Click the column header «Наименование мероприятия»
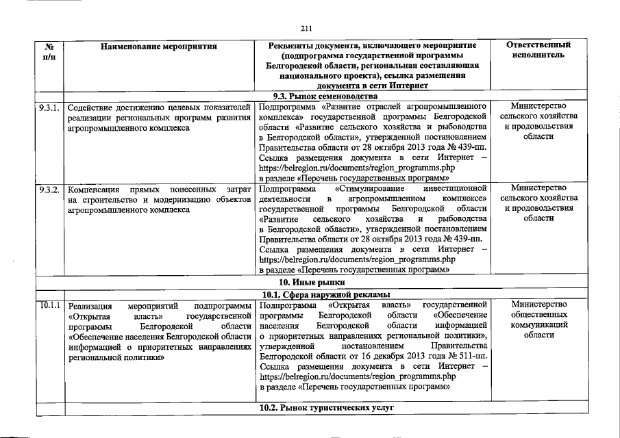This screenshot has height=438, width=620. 158,47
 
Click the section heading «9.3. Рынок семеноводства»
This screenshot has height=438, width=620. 311,96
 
